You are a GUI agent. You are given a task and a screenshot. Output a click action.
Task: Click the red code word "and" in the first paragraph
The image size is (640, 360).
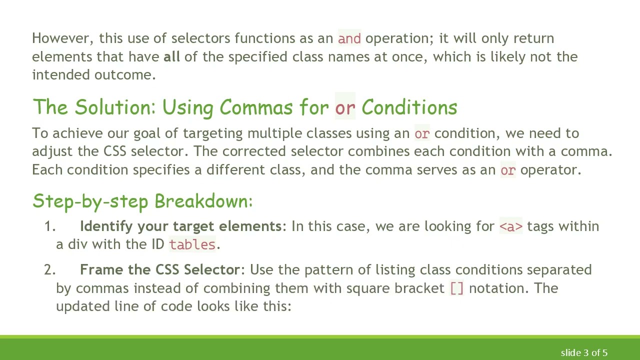coord(349,38)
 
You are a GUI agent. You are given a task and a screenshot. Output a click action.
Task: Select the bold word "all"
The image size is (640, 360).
coord(171,56)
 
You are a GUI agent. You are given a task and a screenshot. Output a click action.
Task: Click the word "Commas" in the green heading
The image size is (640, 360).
coord(256,107)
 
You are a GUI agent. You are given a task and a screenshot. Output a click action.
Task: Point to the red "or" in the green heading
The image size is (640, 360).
coord(345,107)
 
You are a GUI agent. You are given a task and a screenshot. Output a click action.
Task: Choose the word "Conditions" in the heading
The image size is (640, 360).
coord(409,107)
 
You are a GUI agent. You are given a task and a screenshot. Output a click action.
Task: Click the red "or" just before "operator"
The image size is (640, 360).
coord(507,170)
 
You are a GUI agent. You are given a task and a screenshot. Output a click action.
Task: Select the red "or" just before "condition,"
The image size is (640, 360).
coord(421,133)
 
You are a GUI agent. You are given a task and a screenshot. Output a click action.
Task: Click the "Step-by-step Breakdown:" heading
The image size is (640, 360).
coord(142,201)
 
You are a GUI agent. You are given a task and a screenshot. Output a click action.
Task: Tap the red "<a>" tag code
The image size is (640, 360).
coord(510,226)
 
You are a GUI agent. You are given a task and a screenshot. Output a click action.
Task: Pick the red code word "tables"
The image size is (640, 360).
coord(192,244)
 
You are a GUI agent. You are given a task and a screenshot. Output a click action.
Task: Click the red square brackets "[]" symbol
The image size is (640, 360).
coord(457,288)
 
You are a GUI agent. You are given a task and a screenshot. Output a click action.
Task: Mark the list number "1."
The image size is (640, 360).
coord(50,226)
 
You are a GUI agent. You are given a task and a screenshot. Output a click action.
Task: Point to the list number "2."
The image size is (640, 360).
coord(50,270)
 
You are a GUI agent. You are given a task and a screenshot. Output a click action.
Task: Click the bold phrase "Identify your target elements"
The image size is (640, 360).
coord(180,226)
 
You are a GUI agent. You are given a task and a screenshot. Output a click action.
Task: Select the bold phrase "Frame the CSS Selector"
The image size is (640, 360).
coord(160,270)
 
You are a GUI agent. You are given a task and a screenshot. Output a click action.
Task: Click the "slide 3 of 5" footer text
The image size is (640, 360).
coord(584,353)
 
